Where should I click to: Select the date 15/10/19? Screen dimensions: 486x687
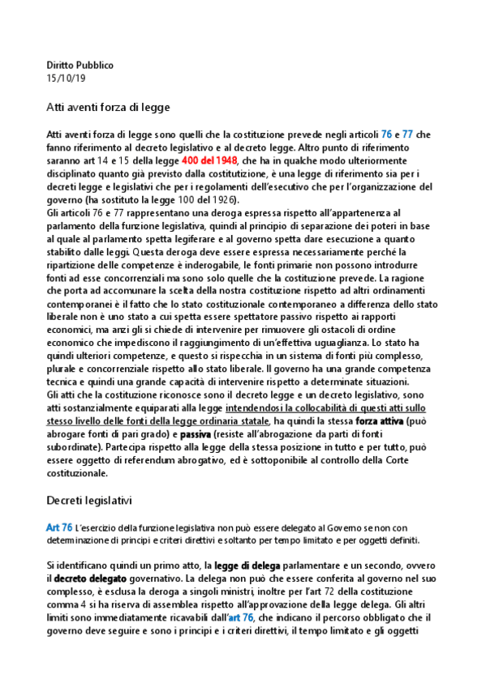66,78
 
